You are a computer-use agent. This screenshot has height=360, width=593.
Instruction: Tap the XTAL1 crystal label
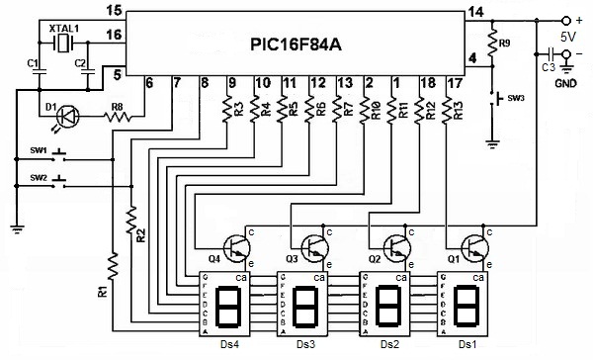[64, 31]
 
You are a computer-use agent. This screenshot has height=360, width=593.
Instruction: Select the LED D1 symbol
[64, 115]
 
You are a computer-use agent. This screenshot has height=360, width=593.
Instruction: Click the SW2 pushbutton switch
[60, 182]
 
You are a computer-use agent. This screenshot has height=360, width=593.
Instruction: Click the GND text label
[566, 84]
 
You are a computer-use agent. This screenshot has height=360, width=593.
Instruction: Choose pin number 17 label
[453, 84]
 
